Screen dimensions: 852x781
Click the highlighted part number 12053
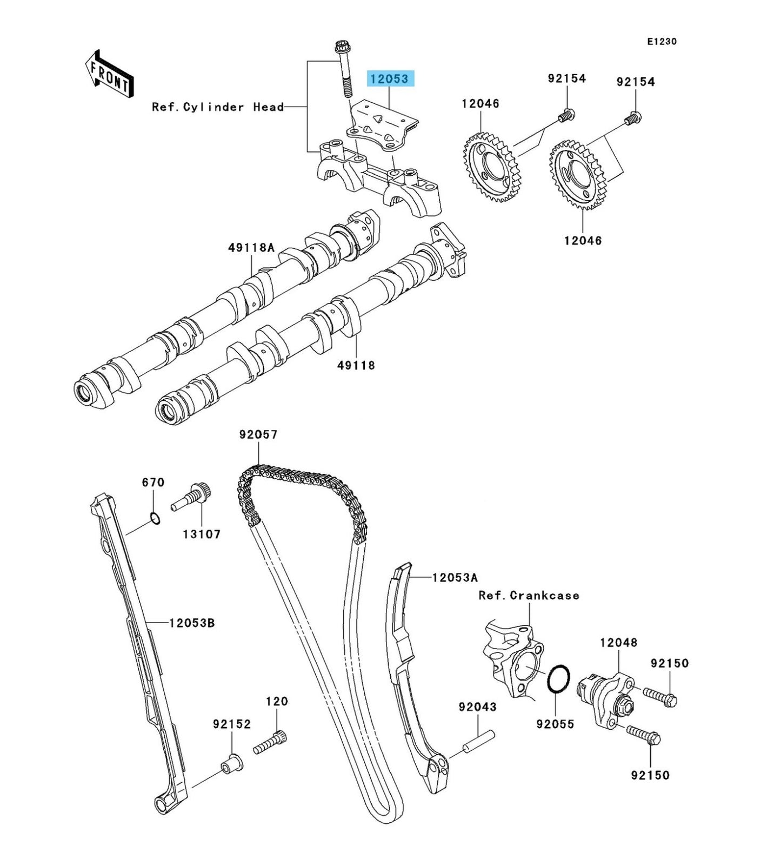tap(390, 79)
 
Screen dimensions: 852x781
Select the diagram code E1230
tap(663, 42)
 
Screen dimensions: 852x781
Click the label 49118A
tap(251, 248)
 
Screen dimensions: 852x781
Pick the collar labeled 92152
tap(231, 763)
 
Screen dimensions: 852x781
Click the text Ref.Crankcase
tap(529, 596)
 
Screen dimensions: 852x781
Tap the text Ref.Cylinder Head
tap(218, 107)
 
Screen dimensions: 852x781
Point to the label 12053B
tap(192, 623)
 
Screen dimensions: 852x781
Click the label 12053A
tap(455, 578)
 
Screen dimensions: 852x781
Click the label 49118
tap(356, 365)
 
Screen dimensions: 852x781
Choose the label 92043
tap(477, 707)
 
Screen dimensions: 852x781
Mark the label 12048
tap(618, 643)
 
